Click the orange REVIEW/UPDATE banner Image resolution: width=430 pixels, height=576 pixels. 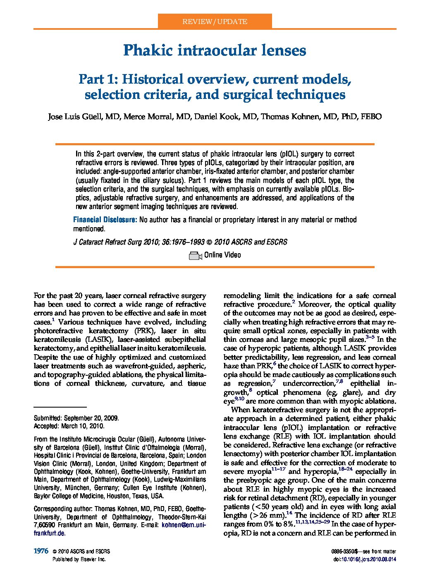(215, 22)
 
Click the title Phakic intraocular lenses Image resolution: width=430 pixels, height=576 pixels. (215, 50)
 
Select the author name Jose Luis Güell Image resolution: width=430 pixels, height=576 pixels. (74, 116)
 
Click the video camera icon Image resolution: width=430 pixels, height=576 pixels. (195, 256)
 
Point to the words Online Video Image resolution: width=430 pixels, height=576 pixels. (222, 255)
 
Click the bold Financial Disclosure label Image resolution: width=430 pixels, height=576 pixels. (105, 220)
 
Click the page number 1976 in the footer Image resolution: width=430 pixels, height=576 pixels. (41, 551)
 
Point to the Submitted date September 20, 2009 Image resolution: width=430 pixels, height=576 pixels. (91, 418)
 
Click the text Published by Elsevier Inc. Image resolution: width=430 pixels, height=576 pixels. (79, 559)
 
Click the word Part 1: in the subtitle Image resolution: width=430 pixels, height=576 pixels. (98, 79)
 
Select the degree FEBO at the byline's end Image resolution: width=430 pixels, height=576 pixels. (371, 116)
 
